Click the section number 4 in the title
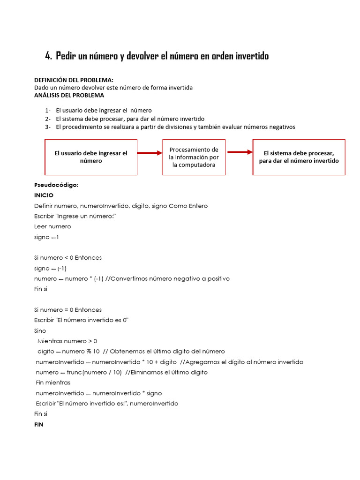click(x=48, y=56)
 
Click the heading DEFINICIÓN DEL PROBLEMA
click(x=74, y=80)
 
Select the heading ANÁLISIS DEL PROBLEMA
click(x=69, y=95)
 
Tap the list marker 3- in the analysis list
click(x=48, y=127)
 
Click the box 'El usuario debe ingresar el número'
click(x=91, y=157)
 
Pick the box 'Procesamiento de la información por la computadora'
click(x=194, y=157)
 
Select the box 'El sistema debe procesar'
click(x=299, y=157)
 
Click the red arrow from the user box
click(x=150, y=152)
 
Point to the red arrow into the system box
click(x=239, y=152)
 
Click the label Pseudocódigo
click(x=56, y=185)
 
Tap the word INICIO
click(x=44, y=195)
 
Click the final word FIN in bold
click(x=39, y=424)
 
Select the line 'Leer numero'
click(x=52, y=226)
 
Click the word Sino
click(x=40, y=330)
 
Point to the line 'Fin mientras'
click(x=53, y=382)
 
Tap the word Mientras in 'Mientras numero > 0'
click(x=52, y=341)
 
